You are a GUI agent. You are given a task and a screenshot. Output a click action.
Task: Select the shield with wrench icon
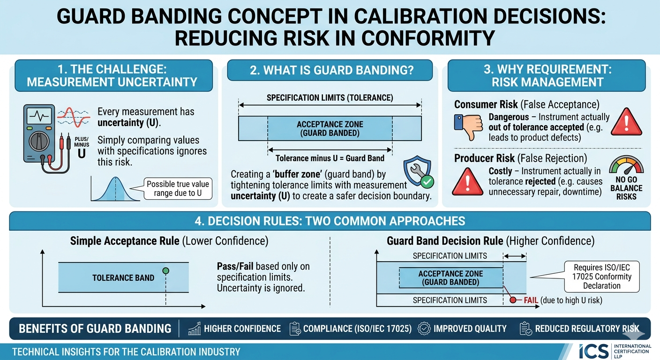417,172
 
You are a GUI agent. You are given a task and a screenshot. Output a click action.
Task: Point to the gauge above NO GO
626,166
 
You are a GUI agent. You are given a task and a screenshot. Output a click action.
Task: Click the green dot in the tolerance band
165,270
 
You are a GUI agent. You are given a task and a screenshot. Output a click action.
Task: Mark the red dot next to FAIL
513,300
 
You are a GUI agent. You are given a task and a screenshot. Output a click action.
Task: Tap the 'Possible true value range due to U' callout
178,188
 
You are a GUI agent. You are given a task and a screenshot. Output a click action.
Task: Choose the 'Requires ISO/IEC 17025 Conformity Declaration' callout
602,277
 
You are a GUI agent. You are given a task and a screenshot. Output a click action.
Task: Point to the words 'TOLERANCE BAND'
123,277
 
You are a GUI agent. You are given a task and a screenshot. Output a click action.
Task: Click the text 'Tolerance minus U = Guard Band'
330,158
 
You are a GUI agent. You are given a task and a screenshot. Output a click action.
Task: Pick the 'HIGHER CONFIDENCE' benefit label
242,329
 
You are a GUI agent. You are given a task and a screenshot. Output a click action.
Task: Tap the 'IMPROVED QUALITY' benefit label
470,329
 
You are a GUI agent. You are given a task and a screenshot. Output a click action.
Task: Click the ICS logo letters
593,352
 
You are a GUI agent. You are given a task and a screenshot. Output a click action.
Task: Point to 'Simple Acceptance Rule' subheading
125,241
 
